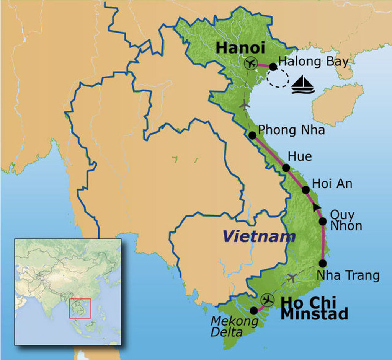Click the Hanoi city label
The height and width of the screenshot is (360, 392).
point(240,48)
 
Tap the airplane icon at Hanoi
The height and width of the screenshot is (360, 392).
point(251,63)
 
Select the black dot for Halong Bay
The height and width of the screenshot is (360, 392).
point(273,67)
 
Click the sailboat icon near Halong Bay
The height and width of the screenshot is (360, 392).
point(302,85)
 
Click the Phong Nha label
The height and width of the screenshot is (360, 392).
point(291,130)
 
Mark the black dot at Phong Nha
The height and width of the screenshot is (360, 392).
point(252,135)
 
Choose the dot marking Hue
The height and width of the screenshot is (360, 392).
point(286,168)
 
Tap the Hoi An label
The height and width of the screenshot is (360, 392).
point(332,184)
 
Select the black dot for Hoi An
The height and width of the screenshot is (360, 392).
point(305,190)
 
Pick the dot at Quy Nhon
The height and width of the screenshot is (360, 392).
point(323,221)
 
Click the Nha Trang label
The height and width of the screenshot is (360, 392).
point(348,275)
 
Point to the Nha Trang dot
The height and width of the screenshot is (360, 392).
point(322,263)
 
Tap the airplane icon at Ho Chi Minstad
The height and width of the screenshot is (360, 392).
point(267,300)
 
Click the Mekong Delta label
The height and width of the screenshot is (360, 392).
point(234,326)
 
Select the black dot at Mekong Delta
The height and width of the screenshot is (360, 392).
point(253,310)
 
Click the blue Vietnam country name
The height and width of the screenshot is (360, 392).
point(259,237)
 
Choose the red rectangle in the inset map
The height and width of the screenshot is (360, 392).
point(80,308)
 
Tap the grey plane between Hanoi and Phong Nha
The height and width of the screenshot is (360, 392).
point(245,104)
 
